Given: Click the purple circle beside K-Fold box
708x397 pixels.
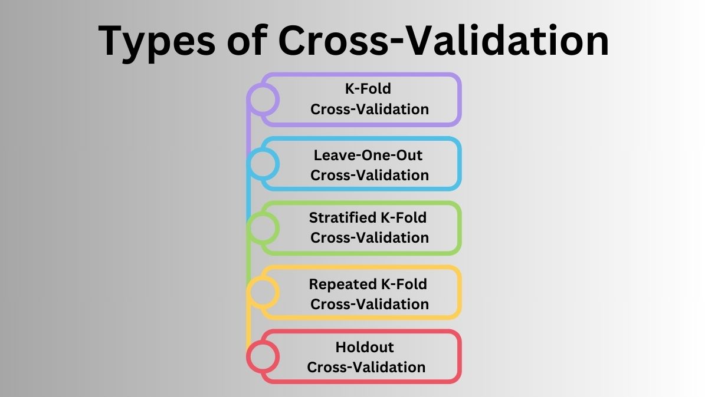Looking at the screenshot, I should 263,99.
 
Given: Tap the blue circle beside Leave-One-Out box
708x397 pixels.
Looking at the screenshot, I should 263,164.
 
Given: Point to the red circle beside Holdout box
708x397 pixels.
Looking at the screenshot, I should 263,356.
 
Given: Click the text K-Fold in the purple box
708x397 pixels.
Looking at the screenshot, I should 368,89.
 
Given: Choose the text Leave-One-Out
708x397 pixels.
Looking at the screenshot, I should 368,156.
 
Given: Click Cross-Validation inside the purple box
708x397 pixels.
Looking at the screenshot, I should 369,110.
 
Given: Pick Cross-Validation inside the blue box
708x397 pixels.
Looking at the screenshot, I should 369,176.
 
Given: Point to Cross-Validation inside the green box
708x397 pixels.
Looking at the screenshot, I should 369,238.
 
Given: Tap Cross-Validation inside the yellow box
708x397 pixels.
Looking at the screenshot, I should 369,305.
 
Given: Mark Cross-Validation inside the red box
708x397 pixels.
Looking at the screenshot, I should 366,368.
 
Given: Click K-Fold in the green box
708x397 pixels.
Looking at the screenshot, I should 404,218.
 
